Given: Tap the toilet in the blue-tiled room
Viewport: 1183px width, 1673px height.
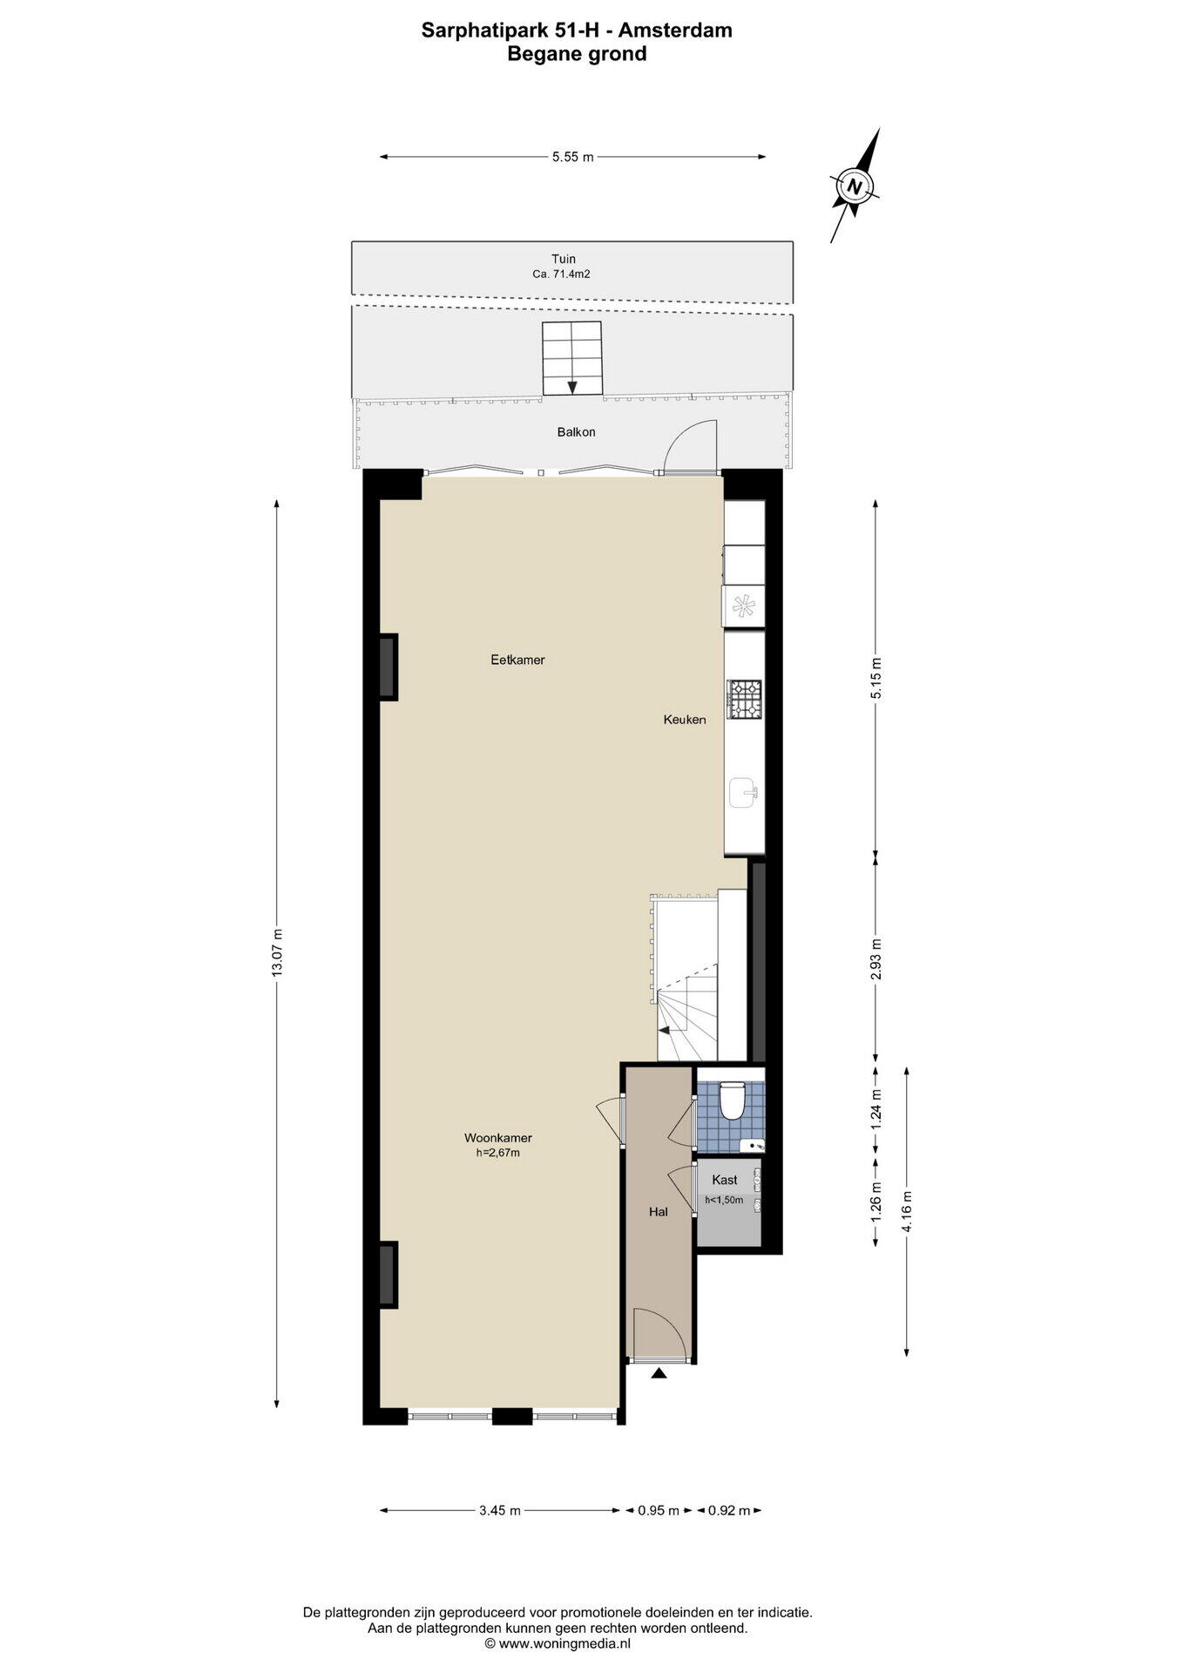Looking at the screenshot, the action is pos(732,1100).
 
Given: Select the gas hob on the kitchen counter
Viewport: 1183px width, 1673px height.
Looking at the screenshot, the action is pos(745,699).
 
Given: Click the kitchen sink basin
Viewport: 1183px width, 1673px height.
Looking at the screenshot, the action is pos(744,793).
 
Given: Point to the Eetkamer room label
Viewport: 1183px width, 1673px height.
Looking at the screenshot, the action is pos(517,660).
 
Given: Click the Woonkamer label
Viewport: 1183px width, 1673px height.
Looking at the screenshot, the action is pos(498,1138).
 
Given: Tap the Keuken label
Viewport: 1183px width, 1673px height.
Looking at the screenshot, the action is pos(685,720).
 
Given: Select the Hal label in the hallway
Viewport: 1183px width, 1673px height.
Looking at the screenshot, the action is pos(659,1211).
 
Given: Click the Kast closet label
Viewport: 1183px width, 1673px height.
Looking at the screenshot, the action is pos(725,1180).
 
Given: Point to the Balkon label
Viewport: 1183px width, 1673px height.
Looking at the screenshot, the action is pos(577,432).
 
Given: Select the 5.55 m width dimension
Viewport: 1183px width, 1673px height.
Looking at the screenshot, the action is pos(572,157).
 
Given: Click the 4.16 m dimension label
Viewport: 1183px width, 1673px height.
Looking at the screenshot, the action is pos(907,1211).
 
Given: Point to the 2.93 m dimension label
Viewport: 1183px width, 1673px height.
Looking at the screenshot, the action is pos(876,958).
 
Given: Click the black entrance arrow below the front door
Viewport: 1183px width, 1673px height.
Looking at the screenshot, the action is pos(659,1374).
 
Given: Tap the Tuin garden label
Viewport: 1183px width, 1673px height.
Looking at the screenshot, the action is pos(563,259).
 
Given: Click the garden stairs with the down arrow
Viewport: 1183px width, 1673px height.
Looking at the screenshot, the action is pos(572,358).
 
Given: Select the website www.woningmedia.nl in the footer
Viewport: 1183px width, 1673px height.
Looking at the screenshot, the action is pos(557,1643).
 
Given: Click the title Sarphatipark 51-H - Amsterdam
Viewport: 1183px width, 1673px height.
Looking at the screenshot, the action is pos(577,30).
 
